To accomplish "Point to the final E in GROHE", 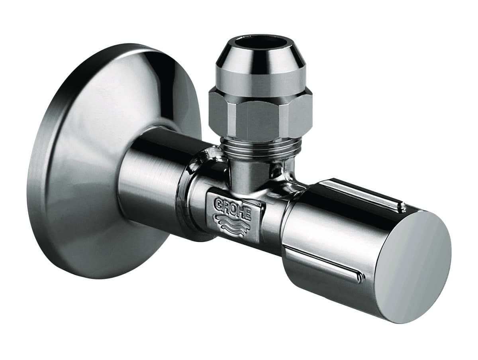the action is coord(249,216).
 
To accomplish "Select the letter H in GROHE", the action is coord(241,212).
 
